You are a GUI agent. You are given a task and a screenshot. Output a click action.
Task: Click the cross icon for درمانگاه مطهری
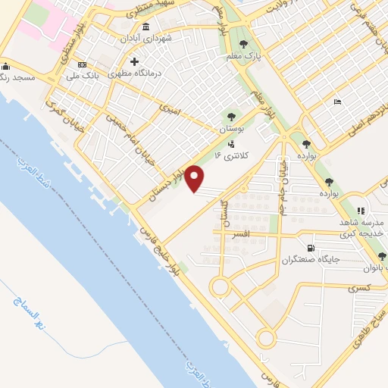click(134, 61)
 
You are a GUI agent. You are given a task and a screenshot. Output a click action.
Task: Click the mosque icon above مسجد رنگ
click(6, 65)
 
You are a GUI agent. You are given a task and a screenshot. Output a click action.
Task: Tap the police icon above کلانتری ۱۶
click(230, 143)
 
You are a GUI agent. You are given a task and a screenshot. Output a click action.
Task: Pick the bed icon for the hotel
click(338, 102)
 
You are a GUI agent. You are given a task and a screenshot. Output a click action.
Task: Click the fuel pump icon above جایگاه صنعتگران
click(310, 249)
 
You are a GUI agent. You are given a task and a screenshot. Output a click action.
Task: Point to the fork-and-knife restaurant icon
click(361, 210)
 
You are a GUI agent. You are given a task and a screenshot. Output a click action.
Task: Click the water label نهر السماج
click(27, 311)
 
